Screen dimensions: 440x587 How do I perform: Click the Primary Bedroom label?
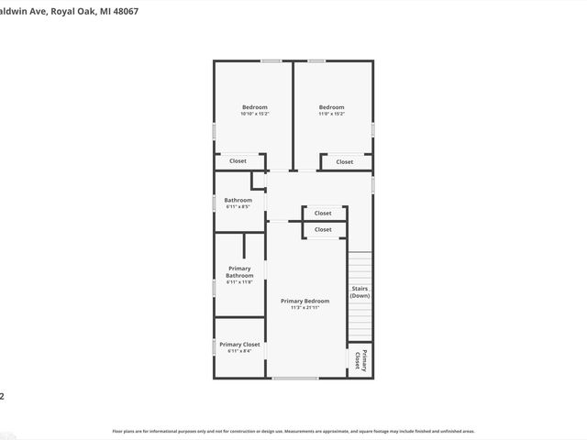click(305, 301)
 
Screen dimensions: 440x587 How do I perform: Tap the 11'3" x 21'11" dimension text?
click(305, 308)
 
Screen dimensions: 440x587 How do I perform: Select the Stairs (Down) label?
click(360, 292)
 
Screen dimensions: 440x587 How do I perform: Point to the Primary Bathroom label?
click(239, 272)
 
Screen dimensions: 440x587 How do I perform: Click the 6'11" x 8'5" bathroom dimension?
click(238, 206)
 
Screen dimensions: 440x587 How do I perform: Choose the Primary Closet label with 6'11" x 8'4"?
click(239, 344)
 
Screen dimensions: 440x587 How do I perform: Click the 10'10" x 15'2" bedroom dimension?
click(254, 114)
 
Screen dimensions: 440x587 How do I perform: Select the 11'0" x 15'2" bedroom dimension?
click(331, 114)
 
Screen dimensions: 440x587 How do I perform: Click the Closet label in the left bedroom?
click(238, 161)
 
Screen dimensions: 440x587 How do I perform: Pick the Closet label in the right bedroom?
click(344, 162)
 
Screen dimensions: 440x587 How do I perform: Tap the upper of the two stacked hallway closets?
click(323, 213)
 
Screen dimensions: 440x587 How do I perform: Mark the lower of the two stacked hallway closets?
click(323, 229)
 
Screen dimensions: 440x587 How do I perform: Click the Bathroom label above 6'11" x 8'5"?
click(238, 200)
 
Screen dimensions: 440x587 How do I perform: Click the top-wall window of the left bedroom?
click(271, 61)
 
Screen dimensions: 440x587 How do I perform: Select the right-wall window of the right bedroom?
click(372, 129)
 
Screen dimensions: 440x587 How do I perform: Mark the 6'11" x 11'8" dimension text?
click(239, 282)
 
